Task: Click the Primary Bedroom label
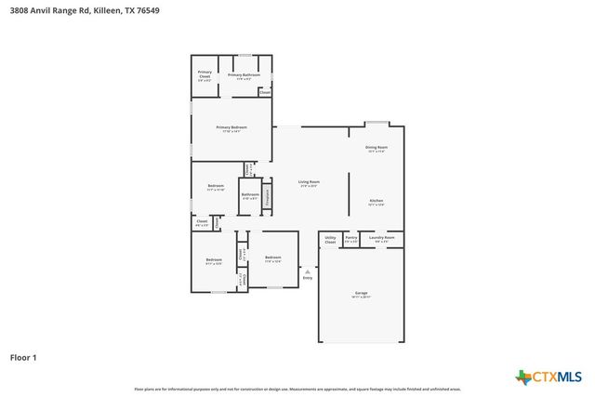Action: [231, 128]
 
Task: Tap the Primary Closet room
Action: [204, 76]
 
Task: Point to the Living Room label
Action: [309, 183]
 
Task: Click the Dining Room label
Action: [377, 149]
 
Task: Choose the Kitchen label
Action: [377, 202]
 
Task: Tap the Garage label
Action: [361, 295]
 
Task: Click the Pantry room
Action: [350, 239]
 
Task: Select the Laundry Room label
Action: [382, 239]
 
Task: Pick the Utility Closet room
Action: [330, 239]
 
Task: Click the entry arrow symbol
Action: [308, 271]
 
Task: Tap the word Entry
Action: [308, 278]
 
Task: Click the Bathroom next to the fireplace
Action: [250, 196]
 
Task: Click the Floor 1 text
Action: [23, 356]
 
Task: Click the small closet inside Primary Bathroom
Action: [265, 92]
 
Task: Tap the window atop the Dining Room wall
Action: [377, 123]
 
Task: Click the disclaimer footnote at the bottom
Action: [297, 389]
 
